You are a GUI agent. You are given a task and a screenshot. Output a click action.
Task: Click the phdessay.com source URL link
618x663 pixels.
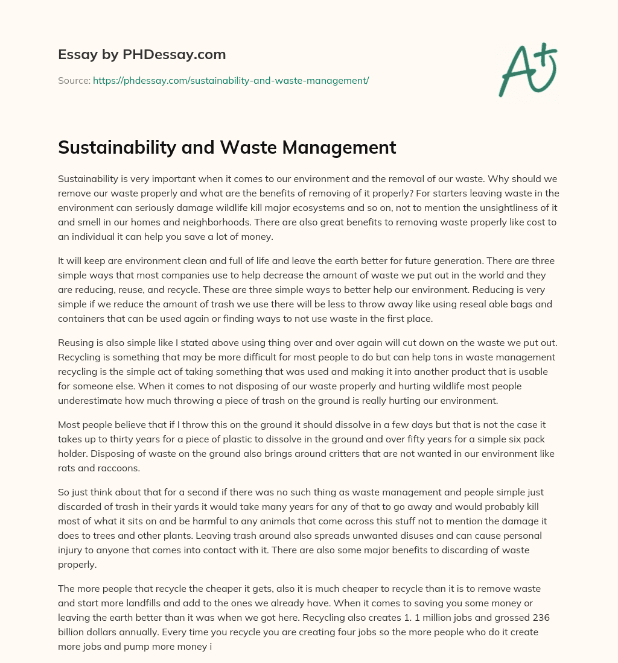[231, 80]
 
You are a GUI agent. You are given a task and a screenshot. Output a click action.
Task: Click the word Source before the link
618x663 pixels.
[74, 80]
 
